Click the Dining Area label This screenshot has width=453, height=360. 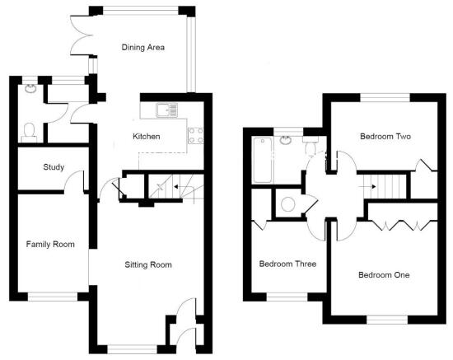[143, 48]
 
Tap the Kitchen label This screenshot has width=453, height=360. [146, 137]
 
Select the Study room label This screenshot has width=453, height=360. [54, 167]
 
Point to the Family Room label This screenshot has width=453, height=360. [50, 245]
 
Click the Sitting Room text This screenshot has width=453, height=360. [148, 264]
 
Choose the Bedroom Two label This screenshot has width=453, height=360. [385, 137]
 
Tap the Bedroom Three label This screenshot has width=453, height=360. [287, 264]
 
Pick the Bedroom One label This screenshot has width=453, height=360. [384, 275]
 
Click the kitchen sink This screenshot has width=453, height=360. [166, 110]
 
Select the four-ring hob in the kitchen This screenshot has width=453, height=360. [195, 136]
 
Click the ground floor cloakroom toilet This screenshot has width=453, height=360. [29, 133]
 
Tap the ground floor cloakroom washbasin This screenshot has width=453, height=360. [30, 88]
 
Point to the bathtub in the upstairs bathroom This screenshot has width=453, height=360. [262, 160]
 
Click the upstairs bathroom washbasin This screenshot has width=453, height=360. [285, 141]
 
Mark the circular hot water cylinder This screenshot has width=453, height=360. [287, 204]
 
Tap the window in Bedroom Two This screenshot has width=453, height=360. [385, 98]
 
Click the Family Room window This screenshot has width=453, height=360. [53, 297]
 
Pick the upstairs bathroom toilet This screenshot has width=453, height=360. [311, 146]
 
